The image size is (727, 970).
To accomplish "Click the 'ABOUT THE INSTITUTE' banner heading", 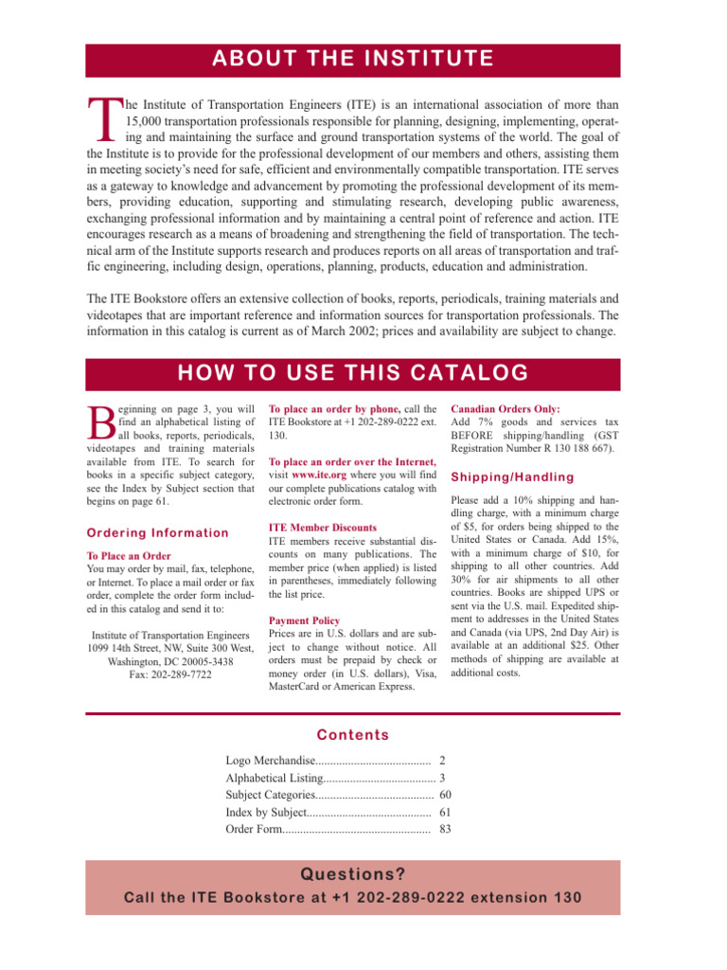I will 352,60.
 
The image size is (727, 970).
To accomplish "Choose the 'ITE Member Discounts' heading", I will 310,527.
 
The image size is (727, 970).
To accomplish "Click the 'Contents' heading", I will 353,735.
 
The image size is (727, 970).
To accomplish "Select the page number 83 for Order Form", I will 445,830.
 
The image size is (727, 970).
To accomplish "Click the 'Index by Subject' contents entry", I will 266,813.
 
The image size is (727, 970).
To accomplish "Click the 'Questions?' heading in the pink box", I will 352,873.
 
